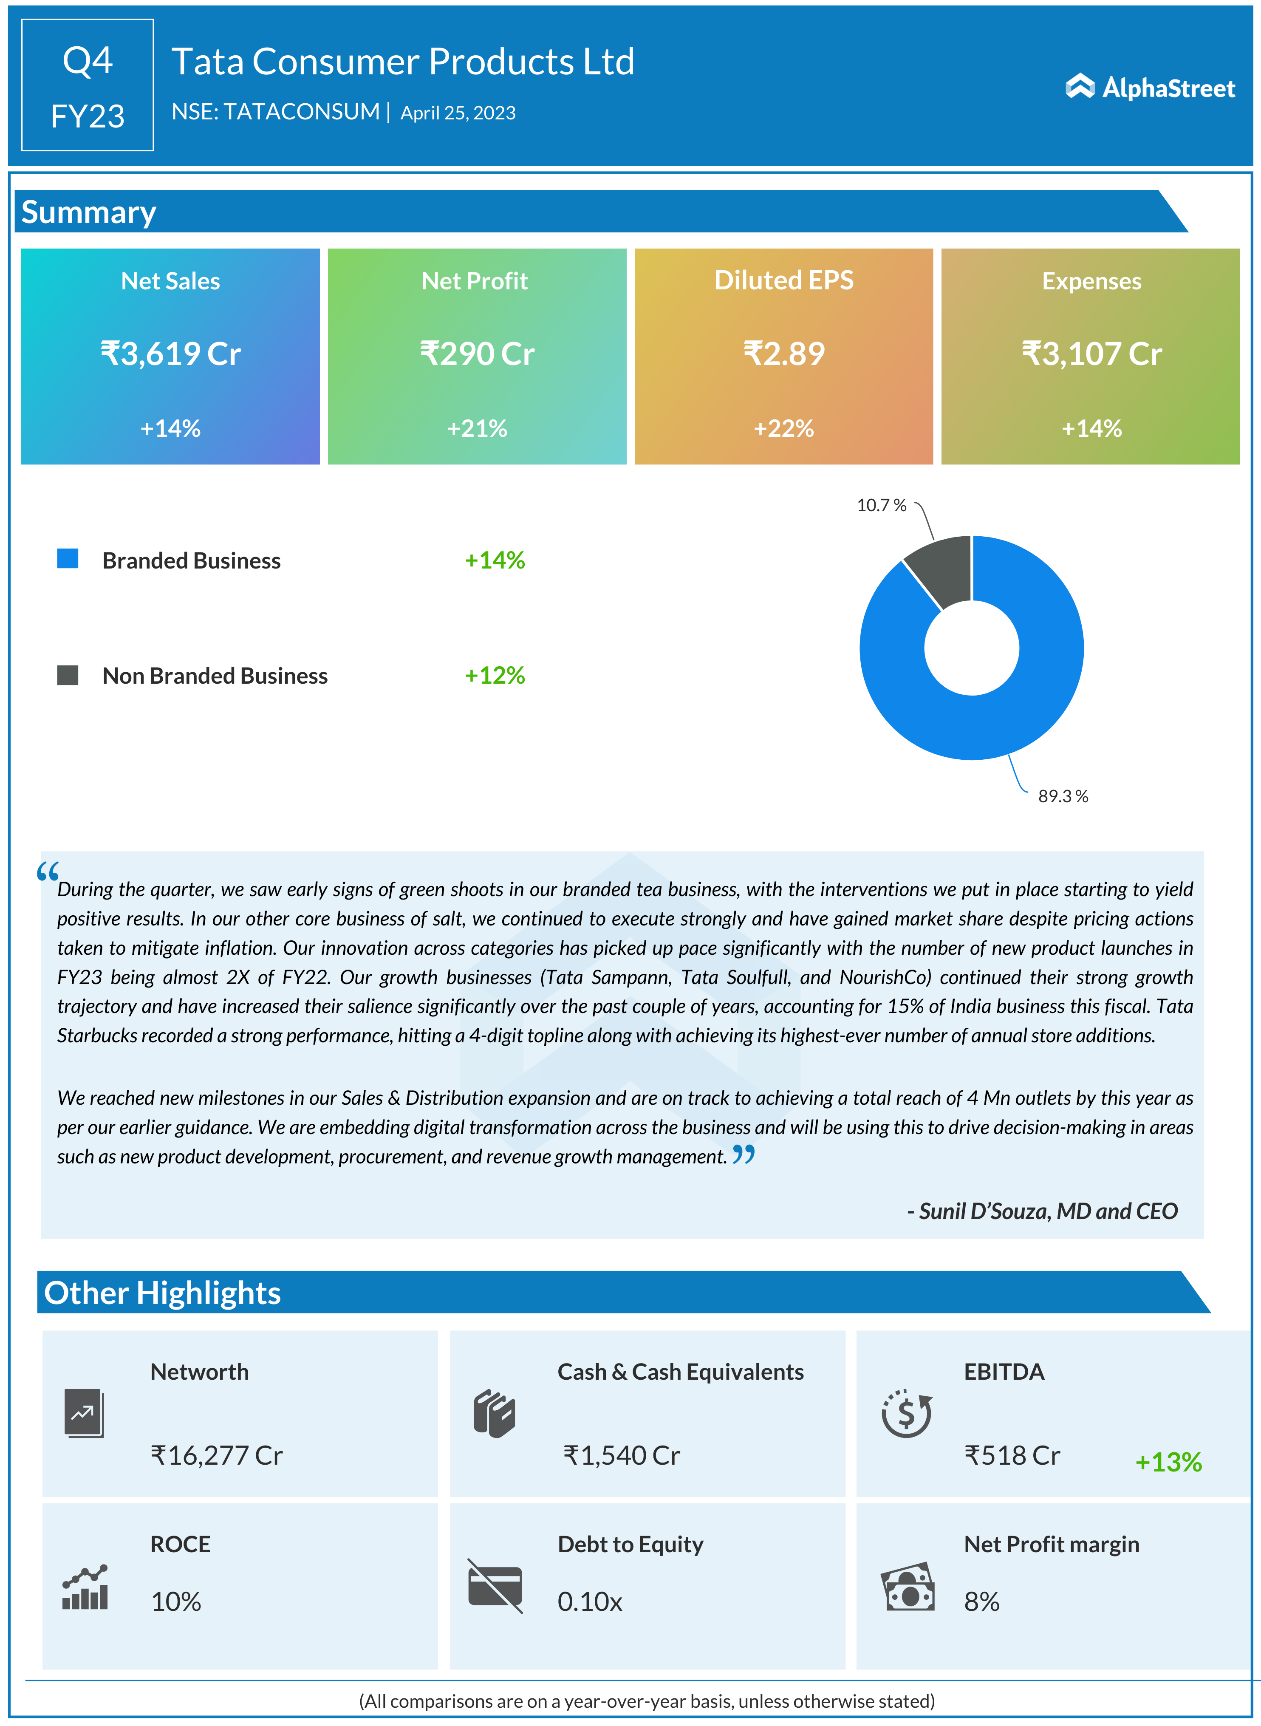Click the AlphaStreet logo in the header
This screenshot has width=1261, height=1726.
[1150, 88]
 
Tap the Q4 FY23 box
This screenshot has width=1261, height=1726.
[88, 85]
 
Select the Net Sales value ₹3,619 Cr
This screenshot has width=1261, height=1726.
[170, 354]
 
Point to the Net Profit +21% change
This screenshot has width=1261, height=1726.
[477, 428]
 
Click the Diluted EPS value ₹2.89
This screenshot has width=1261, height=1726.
[784, 354]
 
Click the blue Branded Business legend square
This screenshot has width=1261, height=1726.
[68, 559]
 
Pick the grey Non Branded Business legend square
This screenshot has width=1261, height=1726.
[68, 675]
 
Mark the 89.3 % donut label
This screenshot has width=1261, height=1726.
[1063, 796]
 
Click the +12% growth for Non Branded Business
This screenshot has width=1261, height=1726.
[495, 675]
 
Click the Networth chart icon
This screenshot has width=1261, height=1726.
[84, 1413]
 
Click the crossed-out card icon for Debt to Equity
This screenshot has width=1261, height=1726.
[495, 1585]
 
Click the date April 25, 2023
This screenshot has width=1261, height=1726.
[458, 113]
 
